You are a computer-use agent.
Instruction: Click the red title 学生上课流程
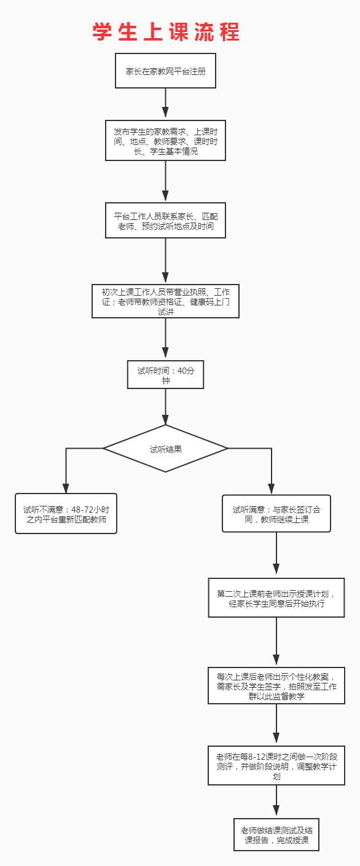[x=166, y=32]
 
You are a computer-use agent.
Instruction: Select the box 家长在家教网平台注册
[x=165, y=71]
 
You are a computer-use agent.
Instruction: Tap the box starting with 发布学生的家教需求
[x=165, y=140]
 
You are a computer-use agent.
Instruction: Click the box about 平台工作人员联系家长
[x=165, y=221]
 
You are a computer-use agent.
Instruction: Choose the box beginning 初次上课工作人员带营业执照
[x=165, y=301]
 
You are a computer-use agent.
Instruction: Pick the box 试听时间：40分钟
[x=165, y=375]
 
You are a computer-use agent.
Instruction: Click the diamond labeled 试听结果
[x=165, y=449]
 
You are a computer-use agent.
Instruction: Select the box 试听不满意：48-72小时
[x=66, y=513]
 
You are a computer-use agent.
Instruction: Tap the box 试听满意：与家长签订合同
[x=276, y=513]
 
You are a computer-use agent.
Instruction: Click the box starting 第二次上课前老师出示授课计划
[x=276, y=597]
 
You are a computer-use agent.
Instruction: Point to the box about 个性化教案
[x=276, y=685]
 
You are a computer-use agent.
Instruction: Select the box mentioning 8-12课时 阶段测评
[x=276, y=765]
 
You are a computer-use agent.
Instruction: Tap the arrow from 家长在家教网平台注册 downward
[x=165, y=103]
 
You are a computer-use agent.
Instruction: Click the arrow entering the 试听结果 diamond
[x=165, y=407]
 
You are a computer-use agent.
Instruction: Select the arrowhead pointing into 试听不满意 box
[x=66, y=488]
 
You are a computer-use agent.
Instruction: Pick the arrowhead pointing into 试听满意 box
[x=272, y=489]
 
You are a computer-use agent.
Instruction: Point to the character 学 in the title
[x=103, y=32]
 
